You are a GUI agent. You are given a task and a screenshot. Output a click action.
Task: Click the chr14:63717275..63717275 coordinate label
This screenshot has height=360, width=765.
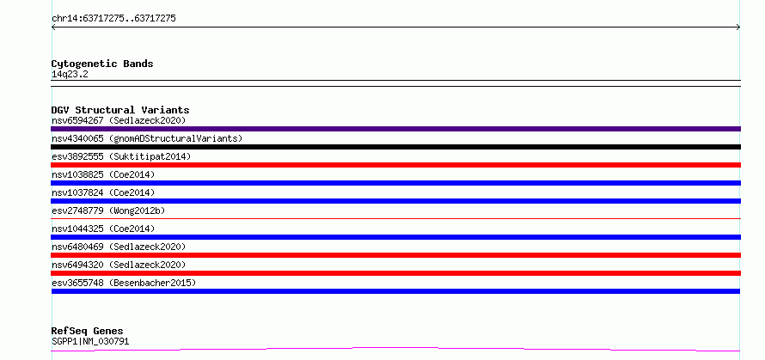(x=113, y=19)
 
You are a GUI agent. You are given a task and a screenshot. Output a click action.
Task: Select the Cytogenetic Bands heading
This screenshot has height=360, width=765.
(x=102, y=64)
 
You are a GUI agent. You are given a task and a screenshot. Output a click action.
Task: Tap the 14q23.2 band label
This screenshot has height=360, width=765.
(x=70, y=75)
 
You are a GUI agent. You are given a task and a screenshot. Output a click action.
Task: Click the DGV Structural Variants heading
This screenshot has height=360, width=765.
(x=120, y=110)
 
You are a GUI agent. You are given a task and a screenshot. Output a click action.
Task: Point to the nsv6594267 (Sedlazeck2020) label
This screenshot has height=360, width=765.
(x=119, y=120)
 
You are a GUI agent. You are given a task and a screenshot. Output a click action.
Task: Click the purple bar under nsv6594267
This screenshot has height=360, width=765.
(x=395, y=129)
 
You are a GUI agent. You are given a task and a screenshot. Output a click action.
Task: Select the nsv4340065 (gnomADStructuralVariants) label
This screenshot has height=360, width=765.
(x=147, y=138)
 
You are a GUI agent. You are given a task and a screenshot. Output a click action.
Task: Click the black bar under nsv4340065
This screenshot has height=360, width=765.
(x=395, y=147)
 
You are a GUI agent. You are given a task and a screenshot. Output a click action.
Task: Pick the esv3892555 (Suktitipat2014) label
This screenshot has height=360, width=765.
(x=121, y=156)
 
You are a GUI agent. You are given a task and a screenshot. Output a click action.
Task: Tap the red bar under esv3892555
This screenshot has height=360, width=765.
(x=395, y=165)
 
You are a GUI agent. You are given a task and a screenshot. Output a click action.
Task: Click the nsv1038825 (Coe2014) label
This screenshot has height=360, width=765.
(x=103, y=174)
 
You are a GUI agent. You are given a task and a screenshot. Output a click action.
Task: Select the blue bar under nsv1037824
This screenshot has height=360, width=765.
(x=395, y=201)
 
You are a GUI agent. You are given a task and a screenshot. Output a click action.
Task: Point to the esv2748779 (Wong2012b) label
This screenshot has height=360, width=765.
(x=108, y=211)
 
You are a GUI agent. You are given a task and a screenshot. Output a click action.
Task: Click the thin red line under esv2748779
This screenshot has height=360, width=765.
(x=395, y=218)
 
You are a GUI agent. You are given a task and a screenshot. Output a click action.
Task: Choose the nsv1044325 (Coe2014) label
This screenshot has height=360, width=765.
(x=103, y=229)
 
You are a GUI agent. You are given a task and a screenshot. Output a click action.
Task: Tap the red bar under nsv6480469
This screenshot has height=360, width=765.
(x=395, y=255)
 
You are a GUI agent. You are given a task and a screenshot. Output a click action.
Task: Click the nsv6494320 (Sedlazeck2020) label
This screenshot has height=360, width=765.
(x=119, y=265)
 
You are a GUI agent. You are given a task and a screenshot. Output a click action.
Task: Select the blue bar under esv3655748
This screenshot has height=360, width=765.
(x=395, y=291)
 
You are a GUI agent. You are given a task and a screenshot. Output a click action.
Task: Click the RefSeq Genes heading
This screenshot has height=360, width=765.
(x=87, y=332)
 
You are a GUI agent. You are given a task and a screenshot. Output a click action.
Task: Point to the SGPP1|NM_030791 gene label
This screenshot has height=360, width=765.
(x=90, y=341)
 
